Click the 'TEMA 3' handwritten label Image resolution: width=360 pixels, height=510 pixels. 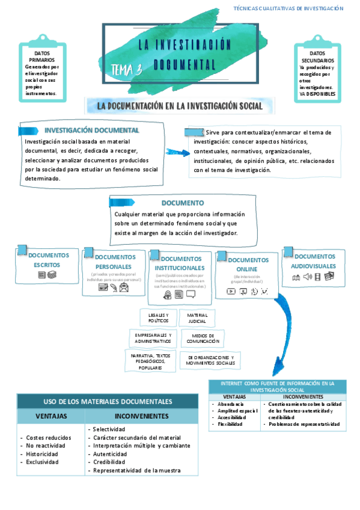click(x=126, y=70)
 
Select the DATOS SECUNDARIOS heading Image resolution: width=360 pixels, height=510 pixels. click(x=317, y=57)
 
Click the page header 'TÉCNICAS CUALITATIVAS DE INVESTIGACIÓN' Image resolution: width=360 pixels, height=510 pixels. click(x=288, y=8)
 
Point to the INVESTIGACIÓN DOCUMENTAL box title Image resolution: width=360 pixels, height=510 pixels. click(x=92, y=131)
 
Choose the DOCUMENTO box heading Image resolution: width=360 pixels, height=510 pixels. click(x=183, y=203)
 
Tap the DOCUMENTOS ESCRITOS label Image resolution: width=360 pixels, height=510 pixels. click(x=47, y=260)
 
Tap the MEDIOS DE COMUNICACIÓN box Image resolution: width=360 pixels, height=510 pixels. click(x=203, y=338)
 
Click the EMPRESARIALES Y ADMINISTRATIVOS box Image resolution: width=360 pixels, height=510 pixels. click(x=153, y=338)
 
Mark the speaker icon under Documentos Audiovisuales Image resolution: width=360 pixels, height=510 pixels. click(x=307, y=277)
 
